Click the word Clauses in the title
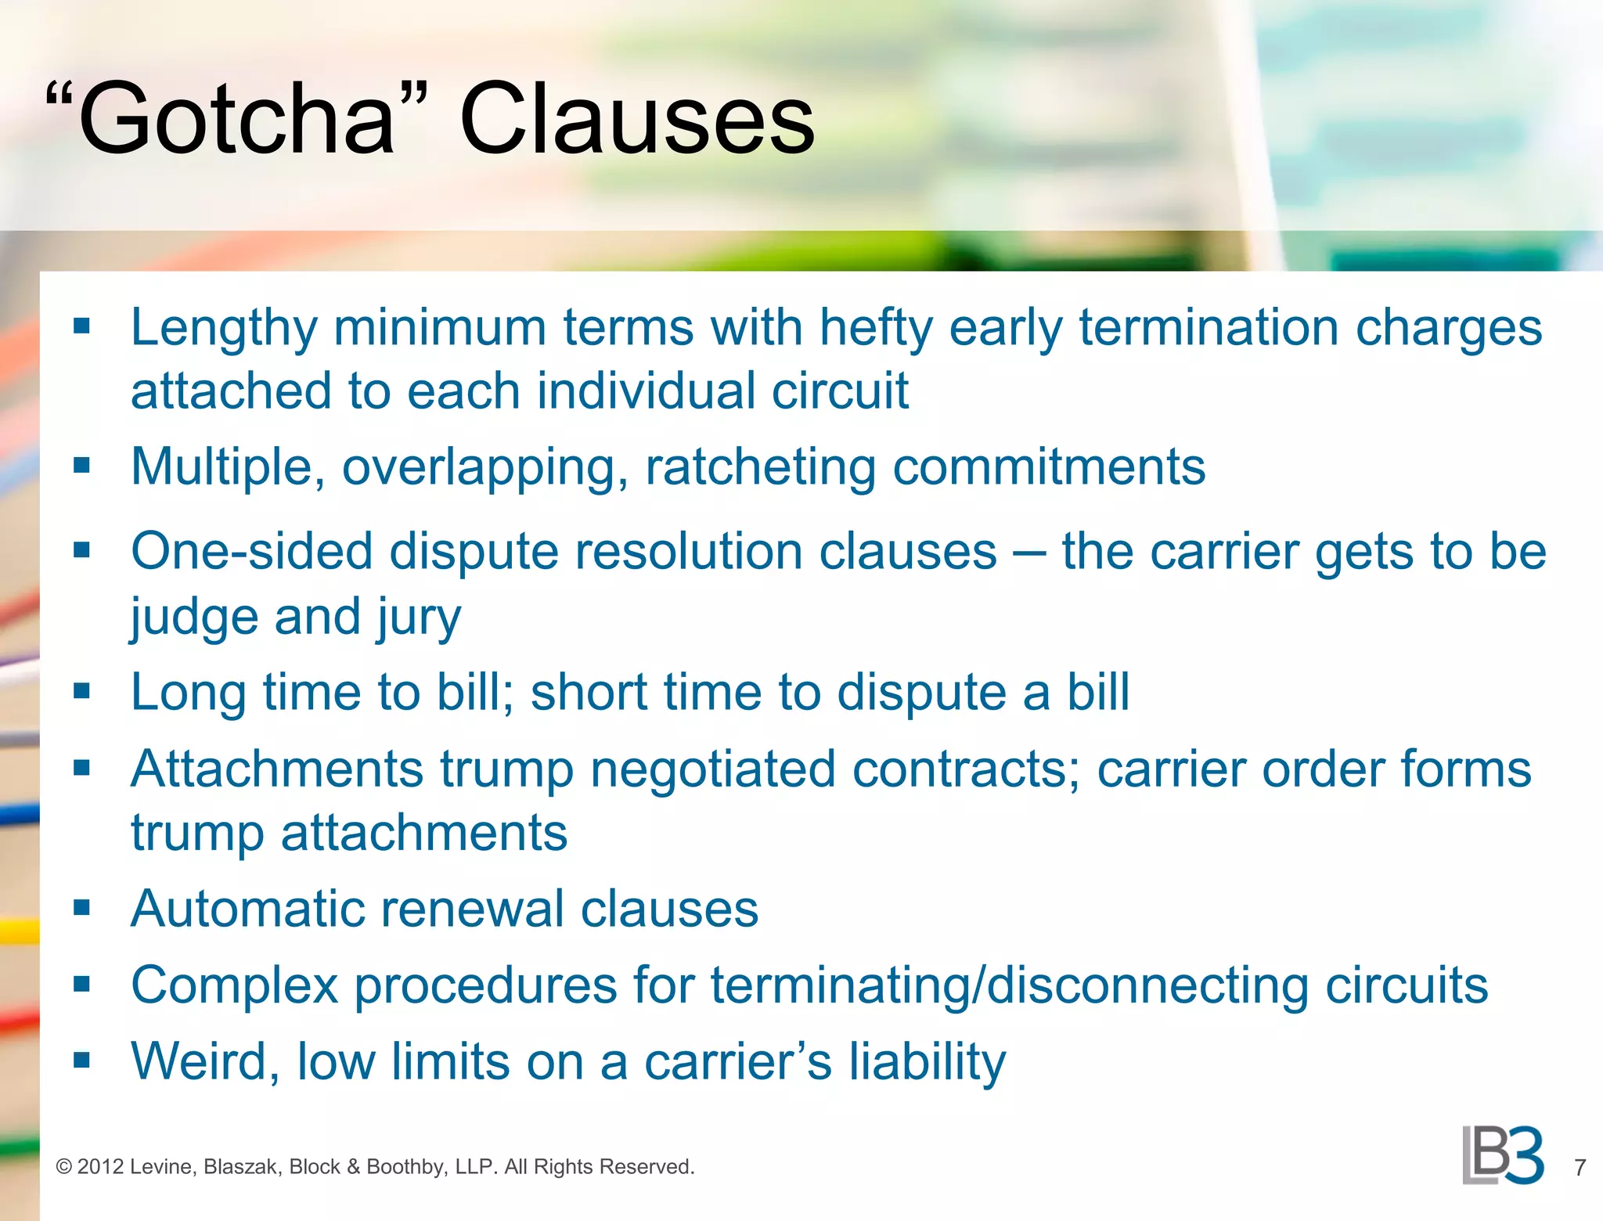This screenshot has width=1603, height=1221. point(637,120)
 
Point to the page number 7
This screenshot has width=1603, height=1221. point(1580,1168)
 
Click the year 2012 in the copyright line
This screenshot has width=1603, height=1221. point(100,1167)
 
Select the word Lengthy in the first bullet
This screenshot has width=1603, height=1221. point(224,327)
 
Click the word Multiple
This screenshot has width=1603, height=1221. point(228,467)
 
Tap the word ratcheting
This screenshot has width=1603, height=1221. point(760,467)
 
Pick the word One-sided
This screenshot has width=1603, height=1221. point(251,551)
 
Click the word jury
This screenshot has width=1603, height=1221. point(419,618)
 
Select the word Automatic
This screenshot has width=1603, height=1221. point(247,909)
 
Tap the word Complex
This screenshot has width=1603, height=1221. point(234,985)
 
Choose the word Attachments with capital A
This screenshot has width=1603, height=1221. point(277,769)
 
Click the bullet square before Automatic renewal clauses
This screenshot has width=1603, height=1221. point(82,908)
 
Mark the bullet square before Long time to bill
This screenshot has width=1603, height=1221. point(82,691)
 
